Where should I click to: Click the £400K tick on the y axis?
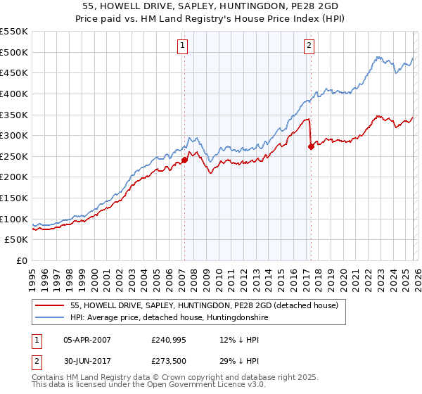click(x=14, y=94)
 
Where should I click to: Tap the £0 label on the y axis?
click(x=21, y=261)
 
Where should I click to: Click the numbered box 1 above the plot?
click(x=182, y=46)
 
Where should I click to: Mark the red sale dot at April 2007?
click(x=184, y=160)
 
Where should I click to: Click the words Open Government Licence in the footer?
click(x=210, y=385)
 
